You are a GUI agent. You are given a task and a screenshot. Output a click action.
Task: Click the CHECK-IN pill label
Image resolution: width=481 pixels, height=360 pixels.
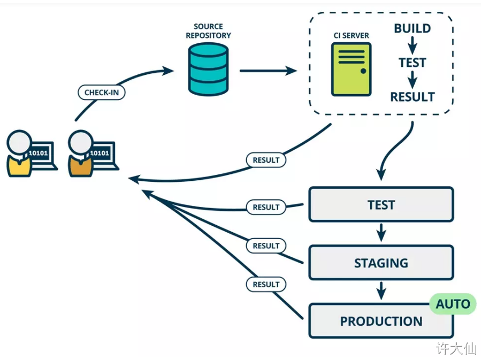102,93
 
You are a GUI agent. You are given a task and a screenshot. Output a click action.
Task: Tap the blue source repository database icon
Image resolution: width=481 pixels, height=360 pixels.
209,70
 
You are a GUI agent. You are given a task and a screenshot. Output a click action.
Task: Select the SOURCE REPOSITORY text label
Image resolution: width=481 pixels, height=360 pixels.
208,31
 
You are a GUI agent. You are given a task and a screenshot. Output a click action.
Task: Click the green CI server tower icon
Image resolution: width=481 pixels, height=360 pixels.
351,69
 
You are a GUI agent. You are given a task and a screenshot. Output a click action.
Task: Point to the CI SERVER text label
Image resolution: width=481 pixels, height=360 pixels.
351,36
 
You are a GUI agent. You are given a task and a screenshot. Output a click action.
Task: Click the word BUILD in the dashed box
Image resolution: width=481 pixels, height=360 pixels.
413,28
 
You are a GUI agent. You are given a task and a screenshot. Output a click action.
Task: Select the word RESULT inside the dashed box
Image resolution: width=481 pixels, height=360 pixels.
413,97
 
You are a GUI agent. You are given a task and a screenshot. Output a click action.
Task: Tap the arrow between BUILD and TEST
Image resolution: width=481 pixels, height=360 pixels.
413,45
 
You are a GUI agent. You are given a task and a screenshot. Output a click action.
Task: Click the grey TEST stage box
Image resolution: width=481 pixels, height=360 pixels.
381,204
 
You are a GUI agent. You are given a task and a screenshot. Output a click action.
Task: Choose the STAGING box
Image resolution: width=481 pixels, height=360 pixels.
381,263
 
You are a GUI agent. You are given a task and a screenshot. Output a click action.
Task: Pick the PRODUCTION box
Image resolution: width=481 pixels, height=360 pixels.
381,321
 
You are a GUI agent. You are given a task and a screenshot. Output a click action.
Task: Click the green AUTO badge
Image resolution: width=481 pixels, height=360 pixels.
453,304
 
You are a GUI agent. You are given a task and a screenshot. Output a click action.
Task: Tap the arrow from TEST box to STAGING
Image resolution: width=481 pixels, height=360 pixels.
381,233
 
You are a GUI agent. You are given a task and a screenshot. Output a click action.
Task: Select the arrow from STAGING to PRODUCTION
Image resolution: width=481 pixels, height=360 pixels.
381,292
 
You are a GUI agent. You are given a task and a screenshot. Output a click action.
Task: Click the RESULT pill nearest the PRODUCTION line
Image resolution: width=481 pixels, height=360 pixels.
266,284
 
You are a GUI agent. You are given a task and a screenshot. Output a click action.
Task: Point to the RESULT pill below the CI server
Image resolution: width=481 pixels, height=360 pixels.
266,159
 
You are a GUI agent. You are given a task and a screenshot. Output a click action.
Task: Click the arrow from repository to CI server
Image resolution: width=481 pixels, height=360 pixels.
268,71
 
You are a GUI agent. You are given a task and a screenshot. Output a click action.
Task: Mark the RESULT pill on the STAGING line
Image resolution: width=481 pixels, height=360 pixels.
266,246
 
